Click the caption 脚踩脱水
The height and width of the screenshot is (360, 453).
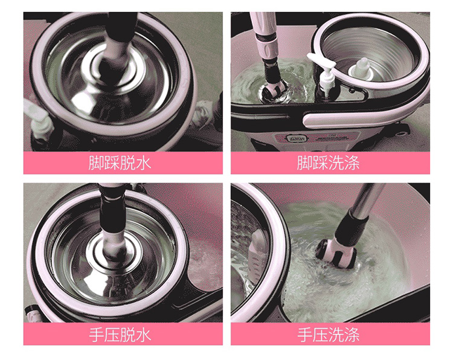pos(120,163)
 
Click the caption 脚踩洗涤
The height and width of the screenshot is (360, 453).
pos(329,163)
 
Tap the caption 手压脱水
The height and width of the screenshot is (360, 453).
pos(120,335)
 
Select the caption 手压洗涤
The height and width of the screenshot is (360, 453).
pos(329,335)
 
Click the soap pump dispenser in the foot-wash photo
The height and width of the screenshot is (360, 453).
pos(324,75)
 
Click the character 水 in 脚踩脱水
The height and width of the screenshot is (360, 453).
pos(144,163)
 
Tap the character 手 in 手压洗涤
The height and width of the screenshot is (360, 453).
pos(305,335)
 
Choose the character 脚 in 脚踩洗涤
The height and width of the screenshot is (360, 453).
pos(305,163)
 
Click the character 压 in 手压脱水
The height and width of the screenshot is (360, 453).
pos(112,335)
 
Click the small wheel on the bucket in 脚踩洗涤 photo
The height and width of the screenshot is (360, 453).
pos(402,132)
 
